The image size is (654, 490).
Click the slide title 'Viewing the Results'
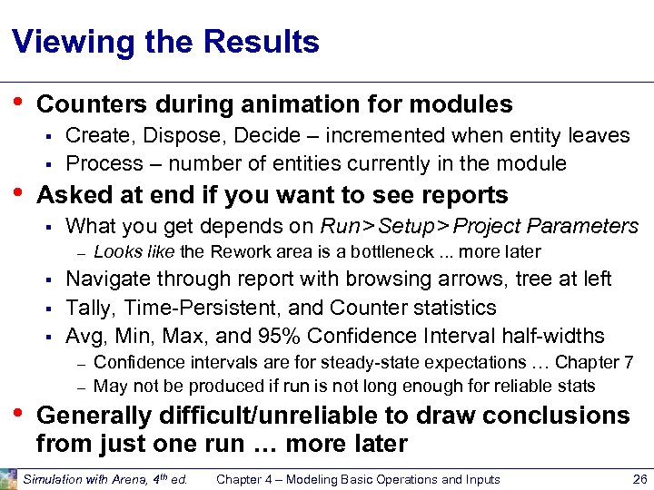(x=165, y=42)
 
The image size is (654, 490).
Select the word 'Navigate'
(x=107, y=279)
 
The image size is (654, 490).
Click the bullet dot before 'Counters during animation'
(x=18, y=102)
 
